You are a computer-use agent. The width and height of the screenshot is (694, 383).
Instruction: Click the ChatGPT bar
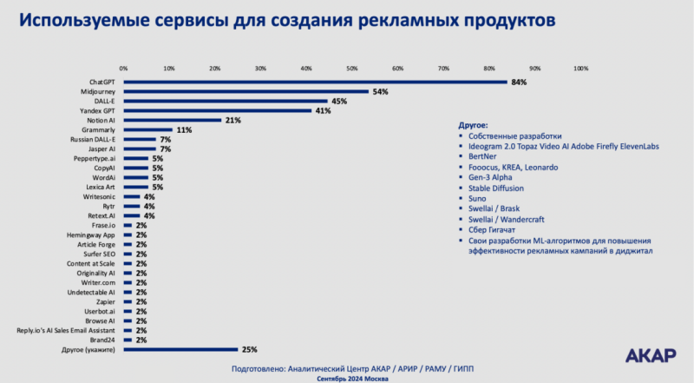pos(315,83)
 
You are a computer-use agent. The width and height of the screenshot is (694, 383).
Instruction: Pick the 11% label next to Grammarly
pos(184,129)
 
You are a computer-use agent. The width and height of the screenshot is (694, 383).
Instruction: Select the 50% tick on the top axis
pos(352,67)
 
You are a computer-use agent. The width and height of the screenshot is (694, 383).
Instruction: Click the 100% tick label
pos(580,67)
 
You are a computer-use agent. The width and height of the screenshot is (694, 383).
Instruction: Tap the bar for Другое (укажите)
pos(180,349)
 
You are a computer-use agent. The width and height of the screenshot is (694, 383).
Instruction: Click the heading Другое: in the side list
pos(473,125)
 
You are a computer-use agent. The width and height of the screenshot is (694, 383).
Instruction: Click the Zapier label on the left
pos(106,301)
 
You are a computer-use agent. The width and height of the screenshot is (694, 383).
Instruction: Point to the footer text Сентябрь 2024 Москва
pos(347,379)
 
